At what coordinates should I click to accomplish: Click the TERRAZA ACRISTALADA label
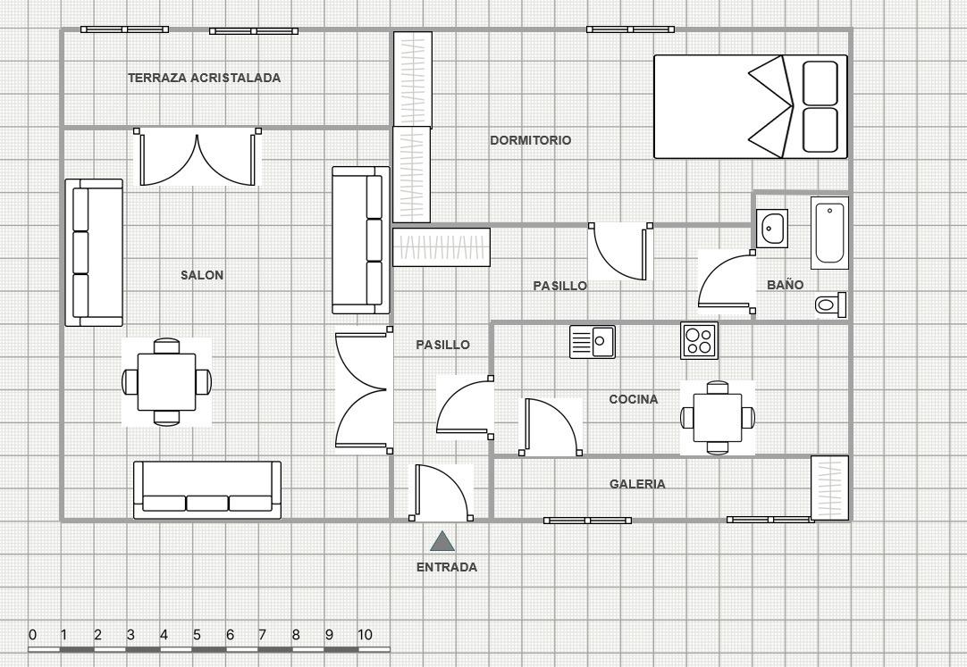tap(204, 78)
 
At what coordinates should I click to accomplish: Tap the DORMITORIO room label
tap(530, 140)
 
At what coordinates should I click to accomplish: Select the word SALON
tap(202, 275)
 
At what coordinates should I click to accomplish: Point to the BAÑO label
tap(785, 285)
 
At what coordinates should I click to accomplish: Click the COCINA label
tap(634, 399)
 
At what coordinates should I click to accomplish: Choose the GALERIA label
tap(637, 484)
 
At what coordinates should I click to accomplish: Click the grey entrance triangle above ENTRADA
tap(442, 541)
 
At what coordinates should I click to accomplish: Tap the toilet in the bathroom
tap(830, 304)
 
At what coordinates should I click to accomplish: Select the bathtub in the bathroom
tap(829, 233)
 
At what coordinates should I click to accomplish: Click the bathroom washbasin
tap(772, 229)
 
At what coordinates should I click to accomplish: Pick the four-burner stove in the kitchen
tap(700, 340)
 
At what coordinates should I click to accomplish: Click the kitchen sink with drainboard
tap(592, 342)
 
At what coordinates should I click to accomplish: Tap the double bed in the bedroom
tap(751, 106)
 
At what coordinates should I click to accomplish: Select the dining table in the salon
tap(166, 382)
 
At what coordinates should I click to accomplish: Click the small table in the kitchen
tap(718, 418)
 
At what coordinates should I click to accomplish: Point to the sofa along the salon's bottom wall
tap(207, 489)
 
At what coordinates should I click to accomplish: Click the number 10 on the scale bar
tap(365, 634)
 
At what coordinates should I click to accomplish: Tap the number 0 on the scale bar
tap(33, 634)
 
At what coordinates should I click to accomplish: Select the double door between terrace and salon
tap(198, 158)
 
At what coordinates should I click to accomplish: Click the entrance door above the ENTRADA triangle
tap(441, 491)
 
